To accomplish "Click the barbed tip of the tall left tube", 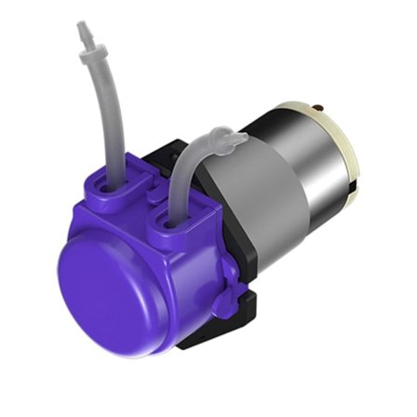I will tap(83, 34).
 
